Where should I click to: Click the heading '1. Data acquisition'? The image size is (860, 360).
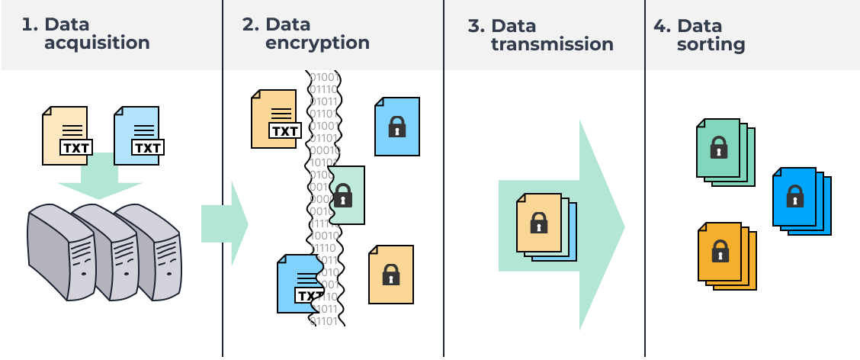(x=85, y=34)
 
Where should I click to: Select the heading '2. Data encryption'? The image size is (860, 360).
(x=306, y=34)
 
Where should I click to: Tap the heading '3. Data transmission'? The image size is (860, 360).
(x=541, y=35)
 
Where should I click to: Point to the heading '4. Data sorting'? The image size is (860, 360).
(x=699, y=35)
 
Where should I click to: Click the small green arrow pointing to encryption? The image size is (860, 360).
(x=224, y=223)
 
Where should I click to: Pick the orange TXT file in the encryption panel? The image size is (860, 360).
(x=274, y=118)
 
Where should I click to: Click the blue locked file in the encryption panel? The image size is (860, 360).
(x=396, y=126)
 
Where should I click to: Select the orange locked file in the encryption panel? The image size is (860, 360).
(x=391, y=274)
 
